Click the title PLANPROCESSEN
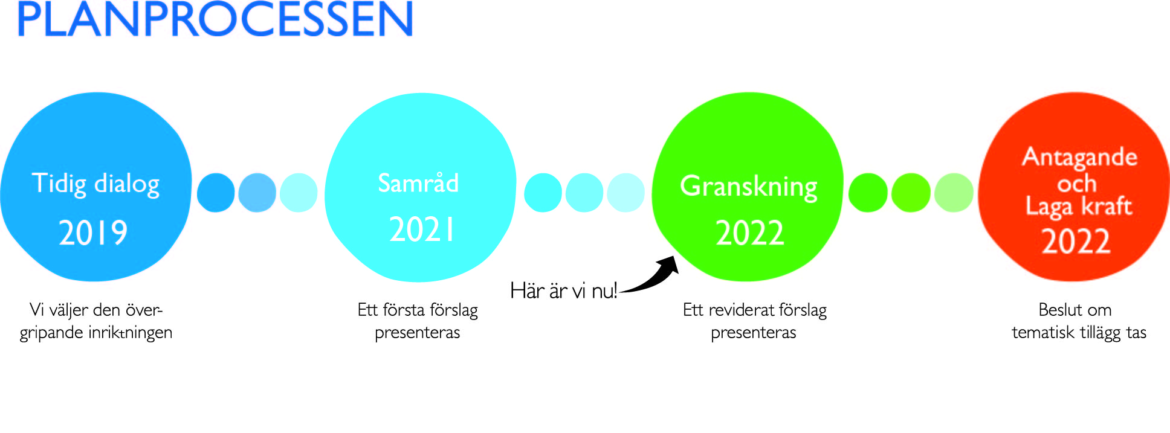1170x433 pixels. point(215,19)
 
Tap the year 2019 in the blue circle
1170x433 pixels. point(93,233)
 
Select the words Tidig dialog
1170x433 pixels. point(95,184)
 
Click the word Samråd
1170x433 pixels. point(418,182)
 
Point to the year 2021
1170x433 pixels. point(421,229)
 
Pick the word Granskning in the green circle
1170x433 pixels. point(749,187)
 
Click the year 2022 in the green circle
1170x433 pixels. point(750,233)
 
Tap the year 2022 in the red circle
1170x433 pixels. point(1076,242)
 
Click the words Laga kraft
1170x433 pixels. point(1079,207)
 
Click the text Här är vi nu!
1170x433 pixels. point(563,290)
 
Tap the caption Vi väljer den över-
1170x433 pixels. point(96,310)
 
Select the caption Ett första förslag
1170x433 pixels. point(418,310)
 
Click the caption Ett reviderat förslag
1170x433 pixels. point(755,310)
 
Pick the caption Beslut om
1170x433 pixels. point(1075,310)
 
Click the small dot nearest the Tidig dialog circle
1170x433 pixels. point(216,193)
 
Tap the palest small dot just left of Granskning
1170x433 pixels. point(626,193)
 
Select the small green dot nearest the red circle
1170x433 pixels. point(954,193)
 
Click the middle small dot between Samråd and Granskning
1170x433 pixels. point(584,193)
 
